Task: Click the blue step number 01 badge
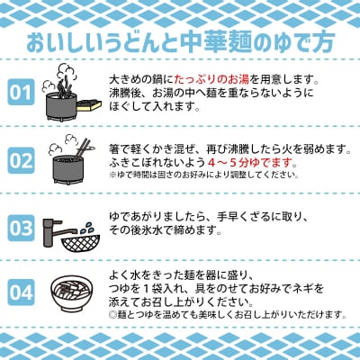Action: pyautogui.click(x=21, y=93)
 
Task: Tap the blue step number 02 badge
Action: pyautogui.click(x=21, y=161)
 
